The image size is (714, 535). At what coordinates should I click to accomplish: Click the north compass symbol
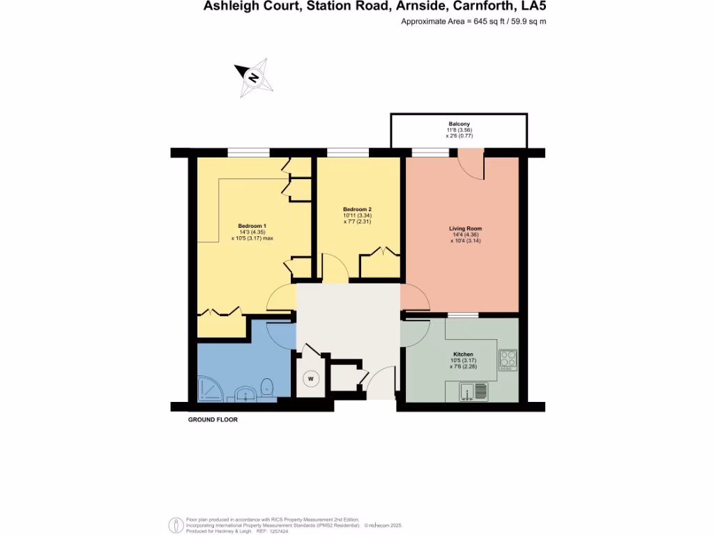click(254, 77)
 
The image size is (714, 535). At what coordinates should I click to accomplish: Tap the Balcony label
click(459, 124)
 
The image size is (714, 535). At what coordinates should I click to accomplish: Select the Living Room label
click(465, 228)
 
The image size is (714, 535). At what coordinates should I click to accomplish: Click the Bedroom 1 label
click(252, 226)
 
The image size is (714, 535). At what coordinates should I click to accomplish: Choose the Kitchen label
click(463, 355)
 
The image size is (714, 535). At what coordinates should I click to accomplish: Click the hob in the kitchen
click(508, 359)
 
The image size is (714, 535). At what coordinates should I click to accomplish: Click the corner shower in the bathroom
click(211, 388)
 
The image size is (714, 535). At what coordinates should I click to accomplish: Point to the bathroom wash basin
click(244, 394)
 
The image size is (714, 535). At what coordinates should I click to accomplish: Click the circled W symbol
click(311, 379)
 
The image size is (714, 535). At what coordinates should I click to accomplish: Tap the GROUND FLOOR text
click(213, 420)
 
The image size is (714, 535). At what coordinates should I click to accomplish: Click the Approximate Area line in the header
click(473, 22)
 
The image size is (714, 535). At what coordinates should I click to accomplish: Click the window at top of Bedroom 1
click(248, 153)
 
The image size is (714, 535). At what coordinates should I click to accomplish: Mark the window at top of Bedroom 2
click(348, 153)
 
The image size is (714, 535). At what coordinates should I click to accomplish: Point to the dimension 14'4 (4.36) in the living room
click(465, 235)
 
